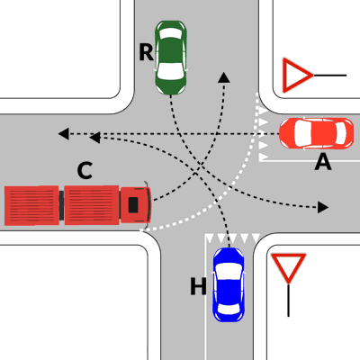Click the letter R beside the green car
pos(146,52)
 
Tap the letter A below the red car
pos(323,163)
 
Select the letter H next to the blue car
pos(198,286)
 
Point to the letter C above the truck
pos(85,170)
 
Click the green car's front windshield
pos(170,73)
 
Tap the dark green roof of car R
pos(170,50)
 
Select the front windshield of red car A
pos(301,133)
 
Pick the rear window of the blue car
pos(229,310)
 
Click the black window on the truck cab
pos(133,205)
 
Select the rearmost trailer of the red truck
pos(31,205)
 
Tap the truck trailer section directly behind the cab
pos(92,205)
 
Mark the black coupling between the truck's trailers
pos(61,205)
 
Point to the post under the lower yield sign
pos(288,300)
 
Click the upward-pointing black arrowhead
pos(224,77)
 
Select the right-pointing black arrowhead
pos(323,207)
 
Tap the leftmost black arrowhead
pos(64,134)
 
